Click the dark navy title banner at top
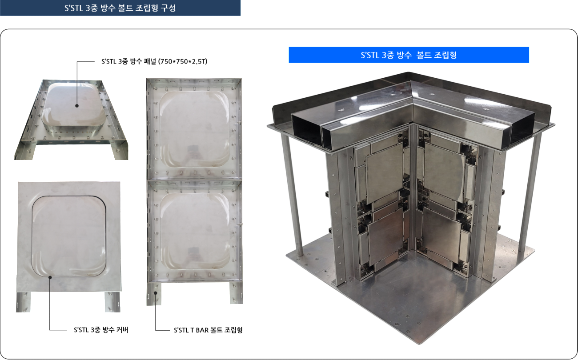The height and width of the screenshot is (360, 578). [x=120, y=8]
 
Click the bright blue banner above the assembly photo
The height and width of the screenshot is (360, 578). [x=409, y=55]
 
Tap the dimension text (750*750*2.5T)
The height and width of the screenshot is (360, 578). [x=183, y=62]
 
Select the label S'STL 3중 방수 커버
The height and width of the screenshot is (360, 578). [x=101, y=330]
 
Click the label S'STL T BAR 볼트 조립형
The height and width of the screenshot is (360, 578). [x=208, y=330]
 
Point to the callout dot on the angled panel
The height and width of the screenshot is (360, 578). [x=77, y=105]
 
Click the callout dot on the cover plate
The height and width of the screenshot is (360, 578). [x=50, y=277]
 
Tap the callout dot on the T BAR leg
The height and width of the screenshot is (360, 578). [x=155, y=293]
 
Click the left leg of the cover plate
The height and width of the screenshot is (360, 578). [x=23, y=302]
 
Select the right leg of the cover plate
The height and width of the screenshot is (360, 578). [x=112, y=302]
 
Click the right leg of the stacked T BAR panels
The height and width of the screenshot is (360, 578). [x=237, y=293]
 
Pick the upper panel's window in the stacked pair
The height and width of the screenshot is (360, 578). [x=194, y=129]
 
